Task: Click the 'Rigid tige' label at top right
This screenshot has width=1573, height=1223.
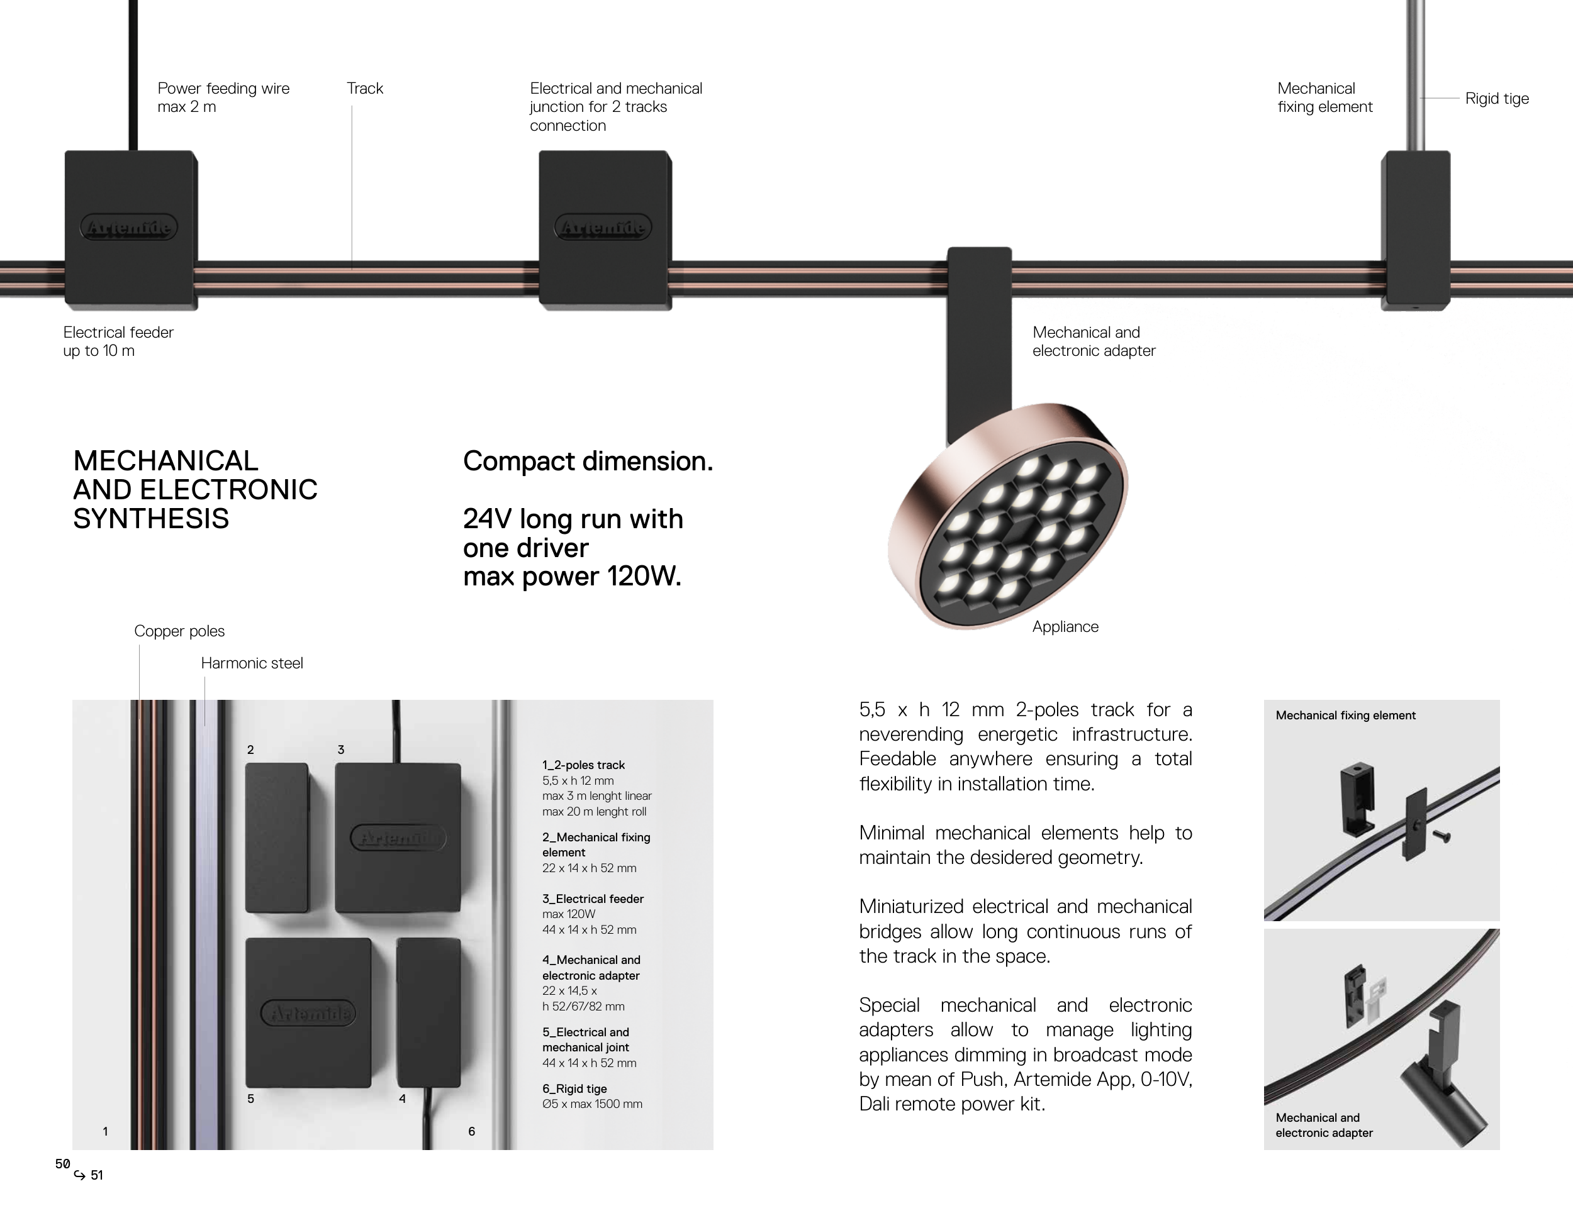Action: point(1496,99)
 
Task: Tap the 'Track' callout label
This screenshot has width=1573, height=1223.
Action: point(364,89)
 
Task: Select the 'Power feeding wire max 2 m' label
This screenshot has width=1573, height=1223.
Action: point(223,97)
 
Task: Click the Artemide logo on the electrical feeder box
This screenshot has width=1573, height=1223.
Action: point(129,228)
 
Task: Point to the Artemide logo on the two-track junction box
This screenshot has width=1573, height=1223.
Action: point(603,228)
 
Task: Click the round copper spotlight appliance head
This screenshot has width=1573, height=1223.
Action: point(1007,516)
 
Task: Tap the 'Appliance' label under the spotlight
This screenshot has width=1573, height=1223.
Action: point(1065,627)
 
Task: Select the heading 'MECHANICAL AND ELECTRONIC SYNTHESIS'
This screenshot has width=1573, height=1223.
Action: point(195,489)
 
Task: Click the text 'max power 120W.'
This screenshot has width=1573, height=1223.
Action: point(572,577)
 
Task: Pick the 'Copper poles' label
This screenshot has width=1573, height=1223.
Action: point(179,631)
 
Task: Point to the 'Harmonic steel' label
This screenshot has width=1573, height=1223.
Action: point(252,663)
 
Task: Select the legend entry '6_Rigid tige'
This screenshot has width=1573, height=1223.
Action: point(574,1089)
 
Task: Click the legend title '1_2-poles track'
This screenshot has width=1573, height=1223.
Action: point(583,765)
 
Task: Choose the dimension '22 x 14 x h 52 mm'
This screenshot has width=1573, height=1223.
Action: point(589,868)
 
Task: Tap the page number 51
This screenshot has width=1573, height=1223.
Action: point(96,1175)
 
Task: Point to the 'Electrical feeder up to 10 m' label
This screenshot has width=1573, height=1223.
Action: point(118,341)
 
